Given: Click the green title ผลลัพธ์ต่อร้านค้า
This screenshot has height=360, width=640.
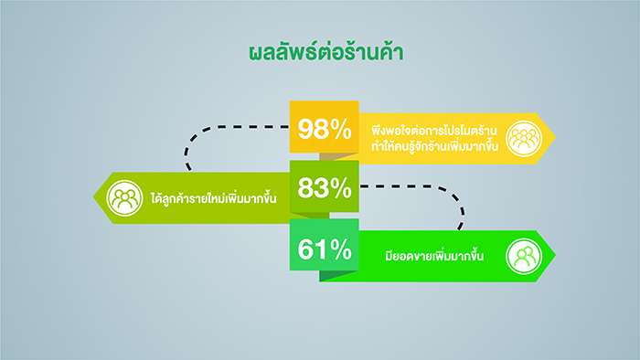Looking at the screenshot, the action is click(x=326, y=53).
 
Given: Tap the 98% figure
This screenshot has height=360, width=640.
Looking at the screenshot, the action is click(x=325, y=129).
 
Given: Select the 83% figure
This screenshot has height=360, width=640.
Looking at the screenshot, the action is click(x=325, y=188).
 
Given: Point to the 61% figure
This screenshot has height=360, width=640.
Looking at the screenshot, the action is click(x=325, y=249).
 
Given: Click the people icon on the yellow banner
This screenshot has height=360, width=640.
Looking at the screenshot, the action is click(x=524, y=139).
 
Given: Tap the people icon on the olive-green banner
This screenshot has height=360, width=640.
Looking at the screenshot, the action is click(x=124, y=198).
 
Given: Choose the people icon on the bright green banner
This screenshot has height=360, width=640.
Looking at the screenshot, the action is click(x=524, y=257).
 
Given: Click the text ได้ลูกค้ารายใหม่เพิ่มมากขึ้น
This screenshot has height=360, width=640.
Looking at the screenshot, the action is click(x=213, y=197).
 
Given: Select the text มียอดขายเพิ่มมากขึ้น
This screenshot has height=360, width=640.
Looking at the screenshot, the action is click(x=434, y=255).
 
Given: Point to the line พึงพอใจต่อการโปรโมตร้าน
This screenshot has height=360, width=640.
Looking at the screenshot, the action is click(x=434, y=131).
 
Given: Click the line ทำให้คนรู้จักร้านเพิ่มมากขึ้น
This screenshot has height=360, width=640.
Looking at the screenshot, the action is click(x=434, y=146).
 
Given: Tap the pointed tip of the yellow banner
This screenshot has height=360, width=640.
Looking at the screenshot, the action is click(x=556, y=138).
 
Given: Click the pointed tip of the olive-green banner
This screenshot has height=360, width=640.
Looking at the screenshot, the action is click(x=93, y=197).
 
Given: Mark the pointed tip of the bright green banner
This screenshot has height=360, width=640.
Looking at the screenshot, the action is click(x=556, y=256).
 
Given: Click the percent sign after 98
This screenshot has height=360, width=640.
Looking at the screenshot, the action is click(x=341, y=129).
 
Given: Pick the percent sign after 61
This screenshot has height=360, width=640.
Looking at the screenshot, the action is click(x=341, y=249).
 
